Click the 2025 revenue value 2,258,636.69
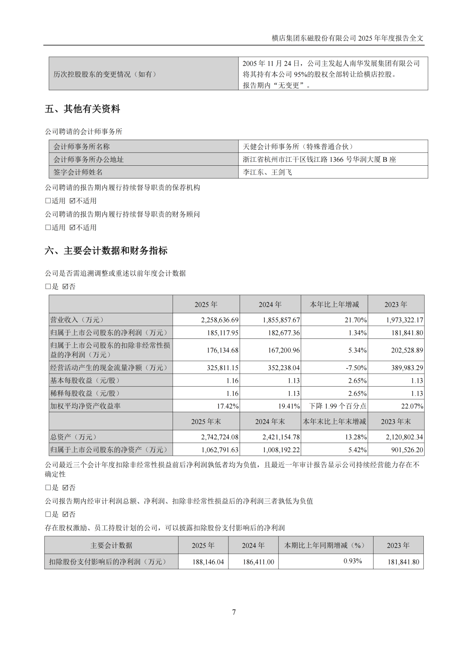coord(220,320)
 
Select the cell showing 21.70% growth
coord(355,320)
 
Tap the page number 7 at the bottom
coord(234,612)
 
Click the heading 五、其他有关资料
coord(82,109)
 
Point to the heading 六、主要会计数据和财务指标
coord(106,251)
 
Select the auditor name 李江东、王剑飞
coord(267,172)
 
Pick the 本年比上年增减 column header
coord(334,305)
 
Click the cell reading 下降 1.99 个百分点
coord(338,406)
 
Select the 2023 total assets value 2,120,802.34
coord(404,437)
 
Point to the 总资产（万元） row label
coord(74,437)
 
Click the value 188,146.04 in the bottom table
coord(208,562)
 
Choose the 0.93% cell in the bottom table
coord(353,561)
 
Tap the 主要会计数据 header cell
coord(111,545)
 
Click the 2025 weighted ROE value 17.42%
coord(227,406)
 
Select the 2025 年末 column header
coord(206,422)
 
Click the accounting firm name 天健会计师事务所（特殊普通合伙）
coord(298,147)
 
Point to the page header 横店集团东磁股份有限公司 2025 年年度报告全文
coord(348,38)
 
